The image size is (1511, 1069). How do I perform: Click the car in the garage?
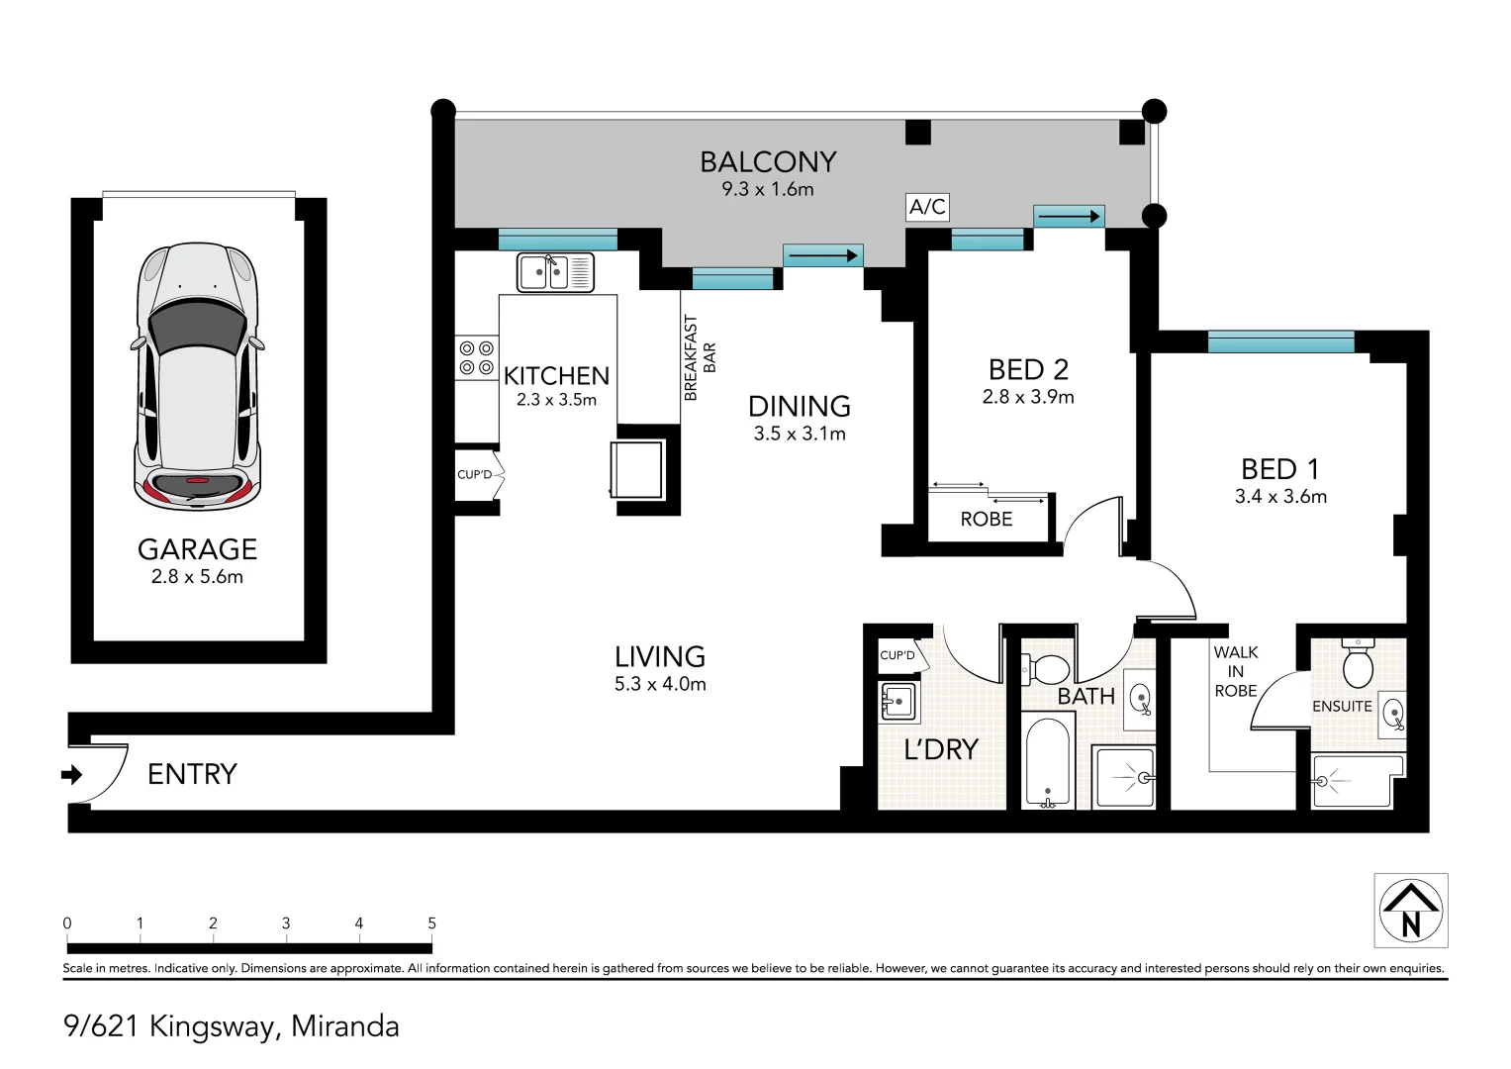click(x=198, y=376)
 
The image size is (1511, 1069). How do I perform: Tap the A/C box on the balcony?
click(x=927, y=207)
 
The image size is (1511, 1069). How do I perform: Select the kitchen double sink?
click(x=555, y=272)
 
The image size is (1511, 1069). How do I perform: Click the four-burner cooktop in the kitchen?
click(x=476, y=358)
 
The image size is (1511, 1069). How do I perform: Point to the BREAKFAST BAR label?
click(x=699, y=358)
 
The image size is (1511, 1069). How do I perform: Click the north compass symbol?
click(x=1410, y=911)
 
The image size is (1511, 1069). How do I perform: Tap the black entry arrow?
click(x=71, y=774)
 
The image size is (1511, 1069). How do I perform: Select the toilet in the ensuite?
click(x=1358, y=663)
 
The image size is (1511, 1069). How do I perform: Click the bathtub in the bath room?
click(x=1048, y=760)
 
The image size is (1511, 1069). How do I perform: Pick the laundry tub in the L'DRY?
click(x=898, y=702)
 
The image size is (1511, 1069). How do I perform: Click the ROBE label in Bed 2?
click(x=986, y=520)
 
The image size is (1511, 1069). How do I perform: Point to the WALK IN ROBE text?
click(x=1235, y=671)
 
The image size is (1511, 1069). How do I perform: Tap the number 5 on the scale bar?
click(x=431, y=923)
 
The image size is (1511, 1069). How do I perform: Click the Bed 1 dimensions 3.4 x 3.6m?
click(x=1280, y=497)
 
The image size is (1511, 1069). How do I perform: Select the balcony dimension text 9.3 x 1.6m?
click(x=767, y=189)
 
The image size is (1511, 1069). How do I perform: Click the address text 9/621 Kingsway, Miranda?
click(x=232, y=1026)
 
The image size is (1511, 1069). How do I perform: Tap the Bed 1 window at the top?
click(x=1280, y=342)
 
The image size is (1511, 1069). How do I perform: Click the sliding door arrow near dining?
click(x=822, y=256)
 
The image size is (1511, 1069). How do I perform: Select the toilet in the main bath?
click(x=1047, y=670)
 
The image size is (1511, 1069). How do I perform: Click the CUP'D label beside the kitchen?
click(x=474, y=475)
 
